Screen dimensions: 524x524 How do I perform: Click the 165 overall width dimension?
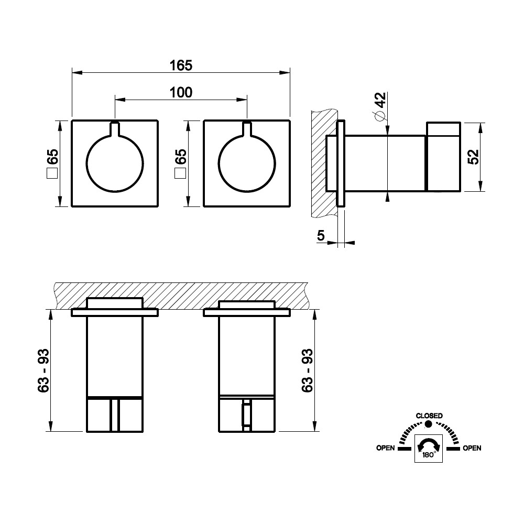point(181,65)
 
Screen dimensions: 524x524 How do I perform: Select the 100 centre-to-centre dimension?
point(181,92)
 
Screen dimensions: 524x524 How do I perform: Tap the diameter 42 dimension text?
point(380,106)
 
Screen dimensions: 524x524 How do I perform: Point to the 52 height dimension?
point(473,156)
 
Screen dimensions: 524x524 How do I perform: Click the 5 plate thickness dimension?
point(321,236)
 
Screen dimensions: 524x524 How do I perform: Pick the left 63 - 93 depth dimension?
point(43,370)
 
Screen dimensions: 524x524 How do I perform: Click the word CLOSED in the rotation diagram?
point(429,416)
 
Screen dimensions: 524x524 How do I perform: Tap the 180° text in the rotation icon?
point(429,455)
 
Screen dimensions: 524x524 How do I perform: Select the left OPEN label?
point(385,448)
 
